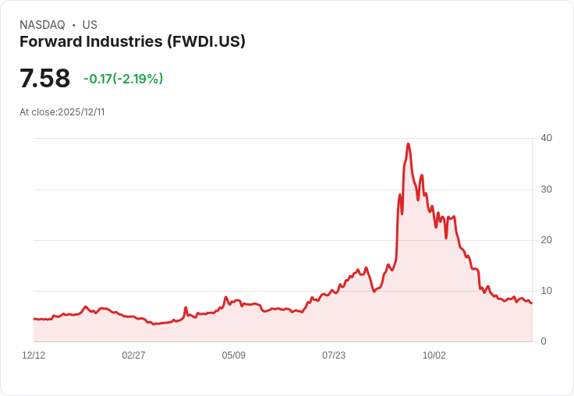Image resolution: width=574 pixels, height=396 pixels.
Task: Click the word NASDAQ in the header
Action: point(42,25)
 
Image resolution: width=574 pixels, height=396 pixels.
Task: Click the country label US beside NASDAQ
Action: point(90,25)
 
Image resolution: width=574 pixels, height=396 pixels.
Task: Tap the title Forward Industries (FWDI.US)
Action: point(133,42)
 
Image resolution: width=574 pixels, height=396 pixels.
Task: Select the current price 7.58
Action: point(44,79)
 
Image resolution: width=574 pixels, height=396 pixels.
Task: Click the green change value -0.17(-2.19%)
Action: point(123,79)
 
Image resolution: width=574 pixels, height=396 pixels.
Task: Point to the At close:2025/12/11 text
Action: point(62,112)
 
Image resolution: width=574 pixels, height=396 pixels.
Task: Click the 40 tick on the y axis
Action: point(547,138)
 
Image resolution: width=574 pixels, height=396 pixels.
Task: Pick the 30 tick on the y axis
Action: point(547,189)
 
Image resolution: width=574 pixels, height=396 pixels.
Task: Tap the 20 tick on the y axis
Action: point(547,240)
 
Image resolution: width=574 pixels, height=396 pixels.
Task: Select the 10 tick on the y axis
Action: point(547,291)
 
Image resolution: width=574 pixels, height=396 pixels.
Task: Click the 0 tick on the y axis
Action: point(544,341)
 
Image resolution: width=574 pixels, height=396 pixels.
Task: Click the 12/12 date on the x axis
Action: point(34,355)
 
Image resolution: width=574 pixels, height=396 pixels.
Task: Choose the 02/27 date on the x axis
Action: point(133,355)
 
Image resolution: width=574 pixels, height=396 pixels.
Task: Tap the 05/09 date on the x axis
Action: point(233,355)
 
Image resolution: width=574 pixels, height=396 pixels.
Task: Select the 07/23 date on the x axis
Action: point(334,355)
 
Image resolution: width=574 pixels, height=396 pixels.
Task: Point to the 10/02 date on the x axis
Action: point(434,355)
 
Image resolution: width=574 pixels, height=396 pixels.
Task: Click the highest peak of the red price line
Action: point(408,144)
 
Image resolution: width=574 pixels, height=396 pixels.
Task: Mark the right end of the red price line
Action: point(532,303)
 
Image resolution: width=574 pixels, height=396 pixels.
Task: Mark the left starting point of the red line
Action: point(34,319)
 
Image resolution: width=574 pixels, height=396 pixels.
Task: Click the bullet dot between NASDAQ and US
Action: point(73,25)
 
